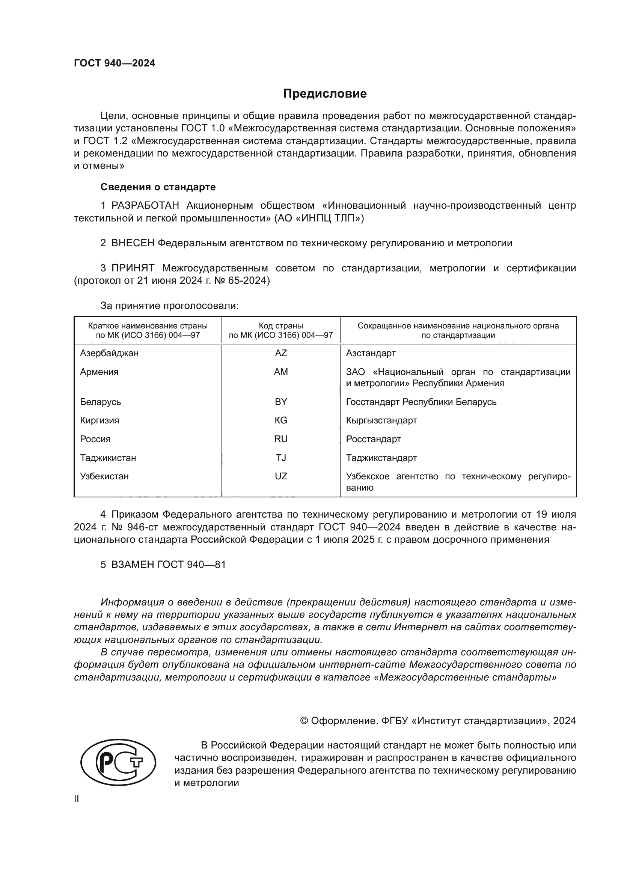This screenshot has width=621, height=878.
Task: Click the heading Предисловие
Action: click(325, 94)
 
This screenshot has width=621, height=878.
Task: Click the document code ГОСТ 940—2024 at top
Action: click(115, 63)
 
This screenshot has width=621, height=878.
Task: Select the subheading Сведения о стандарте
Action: click(158, 187)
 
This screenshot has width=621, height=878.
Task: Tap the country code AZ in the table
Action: click(281, 353)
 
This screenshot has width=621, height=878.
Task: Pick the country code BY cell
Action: click(281, 402)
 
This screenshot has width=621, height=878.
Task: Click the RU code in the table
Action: click(281, 439)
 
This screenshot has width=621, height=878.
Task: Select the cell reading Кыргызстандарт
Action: click(381, 420)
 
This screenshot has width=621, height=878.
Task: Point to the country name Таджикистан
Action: click(108, 458)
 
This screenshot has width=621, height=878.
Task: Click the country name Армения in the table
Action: click(99, 372)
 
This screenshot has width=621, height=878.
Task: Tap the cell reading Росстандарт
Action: click(373, 439)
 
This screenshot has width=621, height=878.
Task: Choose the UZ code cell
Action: click(281, 476)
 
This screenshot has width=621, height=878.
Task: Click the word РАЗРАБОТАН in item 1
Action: click(145, 206)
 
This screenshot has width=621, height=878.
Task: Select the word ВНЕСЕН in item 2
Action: click(133, 243)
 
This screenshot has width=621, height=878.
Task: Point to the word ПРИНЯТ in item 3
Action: click(133, 268)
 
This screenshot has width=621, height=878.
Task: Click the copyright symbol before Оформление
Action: click(304, 721)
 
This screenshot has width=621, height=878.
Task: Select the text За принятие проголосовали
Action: click(169, 306)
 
